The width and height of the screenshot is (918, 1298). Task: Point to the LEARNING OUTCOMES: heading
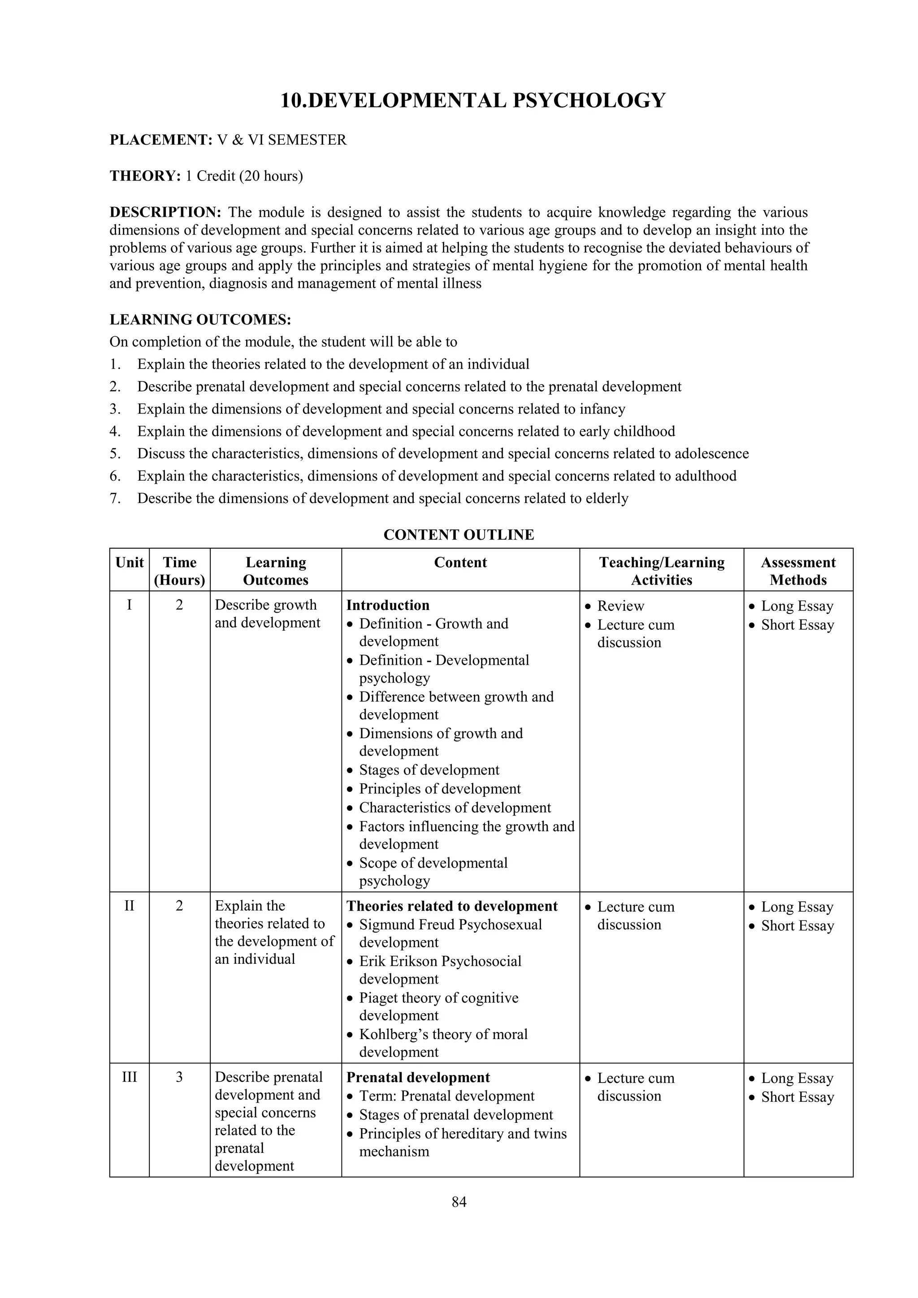coord(200,320)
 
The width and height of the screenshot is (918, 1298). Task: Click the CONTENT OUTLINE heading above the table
coord(459,535)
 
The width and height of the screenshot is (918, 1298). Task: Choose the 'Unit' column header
coord(130,563)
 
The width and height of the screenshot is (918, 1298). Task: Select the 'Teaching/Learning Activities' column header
coord(661,571)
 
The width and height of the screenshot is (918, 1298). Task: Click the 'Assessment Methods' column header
coord(797,571)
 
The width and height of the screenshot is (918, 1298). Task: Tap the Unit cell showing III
coord(130,1077)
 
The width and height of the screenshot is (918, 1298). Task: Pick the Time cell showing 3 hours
coord(179,1077)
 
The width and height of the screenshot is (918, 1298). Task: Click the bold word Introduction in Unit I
coord(388,606)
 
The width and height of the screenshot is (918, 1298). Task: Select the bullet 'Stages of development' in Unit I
coord(429,770)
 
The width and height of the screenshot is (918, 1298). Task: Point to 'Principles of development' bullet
coord(440,789)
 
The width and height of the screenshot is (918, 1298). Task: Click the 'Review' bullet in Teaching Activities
coord(620,606)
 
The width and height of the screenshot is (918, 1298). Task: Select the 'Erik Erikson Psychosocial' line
coord(440,962)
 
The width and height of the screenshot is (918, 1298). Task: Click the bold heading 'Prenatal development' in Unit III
coord(418,1078)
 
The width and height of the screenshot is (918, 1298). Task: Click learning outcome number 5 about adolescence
coord(443,454)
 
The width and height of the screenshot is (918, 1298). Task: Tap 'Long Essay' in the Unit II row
coord(797,907)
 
